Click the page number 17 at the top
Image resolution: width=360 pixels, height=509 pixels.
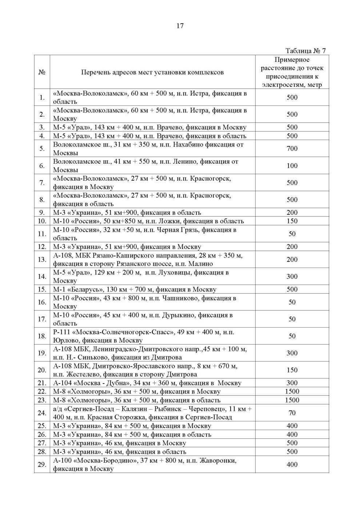coord(180,26)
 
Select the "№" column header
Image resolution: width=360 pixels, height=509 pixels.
coord(42,72)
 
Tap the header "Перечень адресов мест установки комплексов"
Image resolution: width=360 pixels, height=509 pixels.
coord(152,72)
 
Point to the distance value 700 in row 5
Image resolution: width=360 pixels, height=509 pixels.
coord(292,148)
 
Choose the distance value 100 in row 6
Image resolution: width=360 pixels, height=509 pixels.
coord(292,165)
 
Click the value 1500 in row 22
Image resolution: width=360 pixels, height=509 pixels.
coord(292,392)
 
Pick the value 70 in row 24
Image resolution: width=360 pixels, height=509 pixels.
coord(292,413)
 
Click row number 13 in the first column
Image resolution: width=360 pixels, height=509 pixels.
coord(42,260)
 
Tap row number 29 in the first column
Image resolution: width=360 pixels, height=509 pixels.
coord(42,465)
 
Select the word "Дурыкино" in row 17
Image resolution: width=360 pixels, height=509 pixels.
coord(179,315)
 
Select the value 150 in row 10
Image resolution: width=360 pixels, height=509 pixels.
coord(292,221)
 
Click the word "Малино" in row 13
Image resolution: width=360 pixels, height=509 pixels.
coord(201,264)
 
